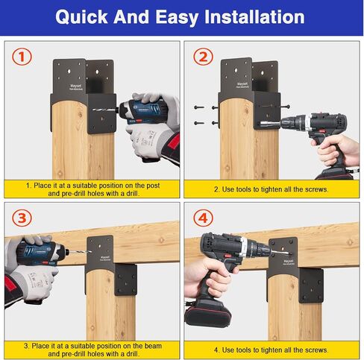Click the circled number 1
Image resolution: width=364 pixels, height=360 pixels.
tap(22, 57)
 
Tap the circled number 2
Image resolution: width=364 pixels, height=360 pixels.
tap(203, 57)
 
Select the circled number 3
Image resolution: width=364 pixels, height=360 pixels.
tap(22, 218)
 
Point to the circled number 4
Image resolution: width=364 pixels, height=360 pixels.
tap(203, 218)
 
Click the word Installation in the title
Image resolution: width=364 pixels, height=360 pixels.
tap(254, 17)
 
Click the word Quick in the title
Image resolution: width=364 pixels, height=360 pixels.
tap(81, 17)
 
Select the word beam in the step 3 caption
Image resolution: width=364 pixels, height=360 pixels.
tap(153, 346)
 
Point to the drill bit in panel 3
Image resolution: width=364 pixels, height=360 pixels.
tap(79, 252)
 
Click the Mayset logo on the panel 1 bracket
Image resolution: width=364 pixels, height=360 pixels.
tap(75, 86)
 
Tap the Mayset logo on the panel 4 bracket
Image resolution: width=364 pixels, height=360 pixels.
tap(288, 262)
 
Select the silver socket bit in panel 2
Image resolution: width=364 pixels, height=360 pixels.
tap(270, 124)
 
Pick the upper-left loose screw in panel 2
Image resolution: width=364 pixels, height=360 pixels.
tap(199, 107)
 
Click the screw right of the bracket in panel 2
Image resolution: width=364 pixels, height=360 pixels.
tap(285, 107)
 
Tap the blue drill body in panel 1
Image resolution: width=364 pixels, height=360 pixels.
tap(142, 112)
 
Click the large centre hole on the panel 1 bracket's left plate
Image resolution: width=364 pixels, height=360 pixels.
tap(69, 72)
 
